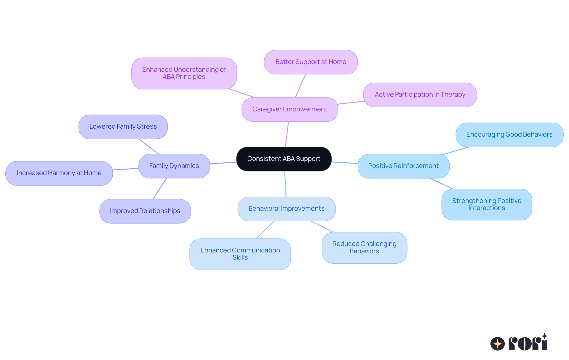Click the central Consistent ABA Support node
(284, 159)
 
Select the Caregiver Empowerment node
(290, 109)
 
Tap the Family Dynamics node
(174, 166)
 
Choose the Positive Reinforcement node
(403, 166)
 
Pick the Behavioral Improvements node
(286, 209)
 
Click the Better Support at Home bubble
(311, 62)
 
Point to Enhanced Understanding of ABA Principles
(184, 73)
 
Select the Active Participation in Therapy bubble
(420, 95)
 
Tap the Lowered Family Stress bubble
(123, 127)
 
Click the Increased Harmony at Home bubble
(59, 173)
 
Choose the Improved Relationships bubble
(145, 211)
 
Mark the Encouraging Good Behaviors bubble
(509, 135)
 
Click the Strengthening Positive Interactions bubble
(487, 204)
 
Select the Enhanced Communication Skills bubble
(240, 254)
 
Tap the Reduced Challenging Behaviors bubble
(364, 247)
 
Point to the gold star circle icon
(498, 344)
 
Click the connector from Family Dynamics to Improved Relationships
(160, 188)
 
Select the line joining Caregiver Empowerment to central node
(287, 134)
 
